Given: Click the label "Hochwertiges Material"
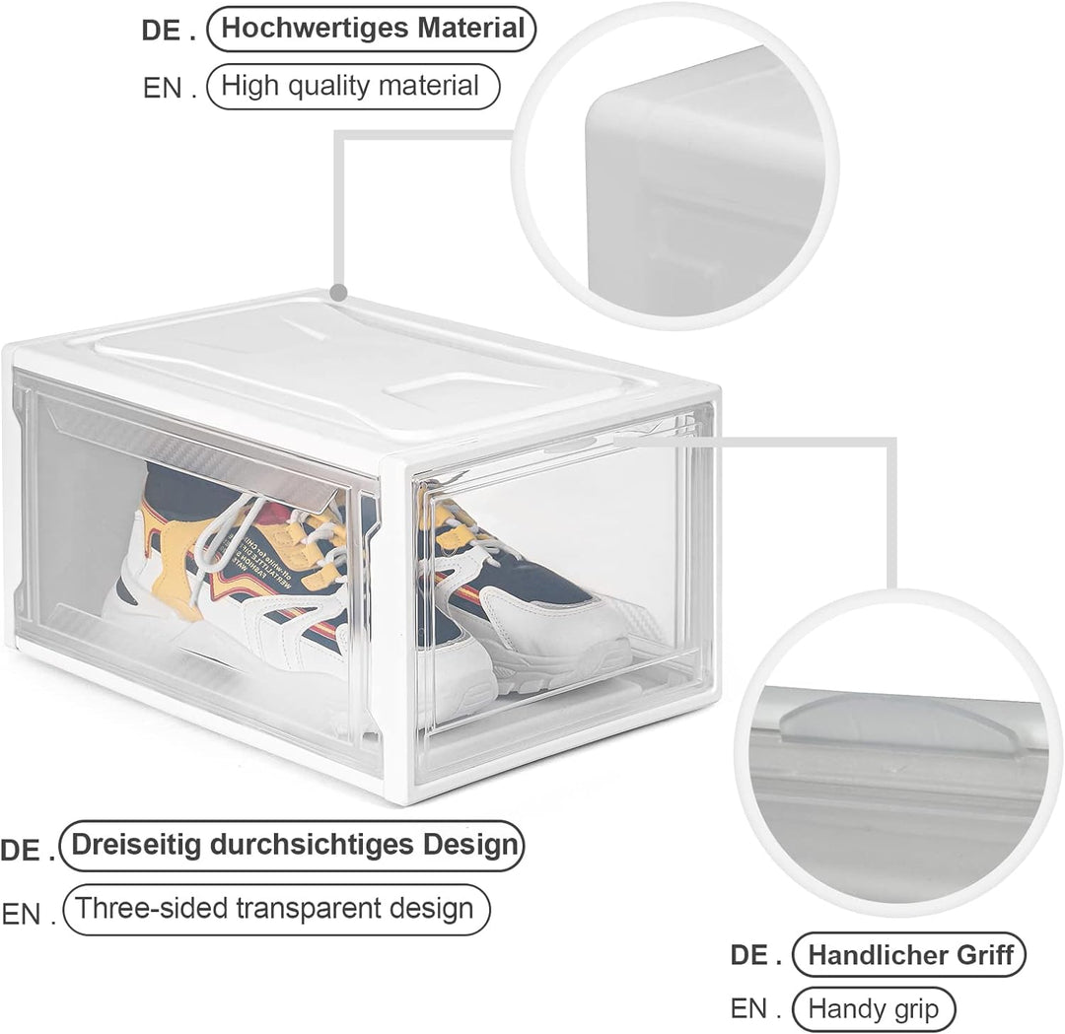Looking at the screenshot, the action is click(372, 29).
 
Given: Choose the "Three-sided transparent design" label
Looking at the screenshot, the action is click(276, 910).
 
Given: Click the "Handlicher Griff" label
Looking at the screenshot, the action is click(909, 955).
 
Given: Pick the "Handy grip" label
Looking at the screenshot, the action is click(874, 1009).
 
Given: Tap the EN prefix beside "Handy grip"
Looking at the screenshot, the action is click(755, 1009).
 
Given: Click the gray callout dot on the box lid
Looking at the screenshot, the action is click(339, 293).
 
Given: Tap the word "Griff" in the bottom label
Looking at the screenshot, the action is click(985, 955).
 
